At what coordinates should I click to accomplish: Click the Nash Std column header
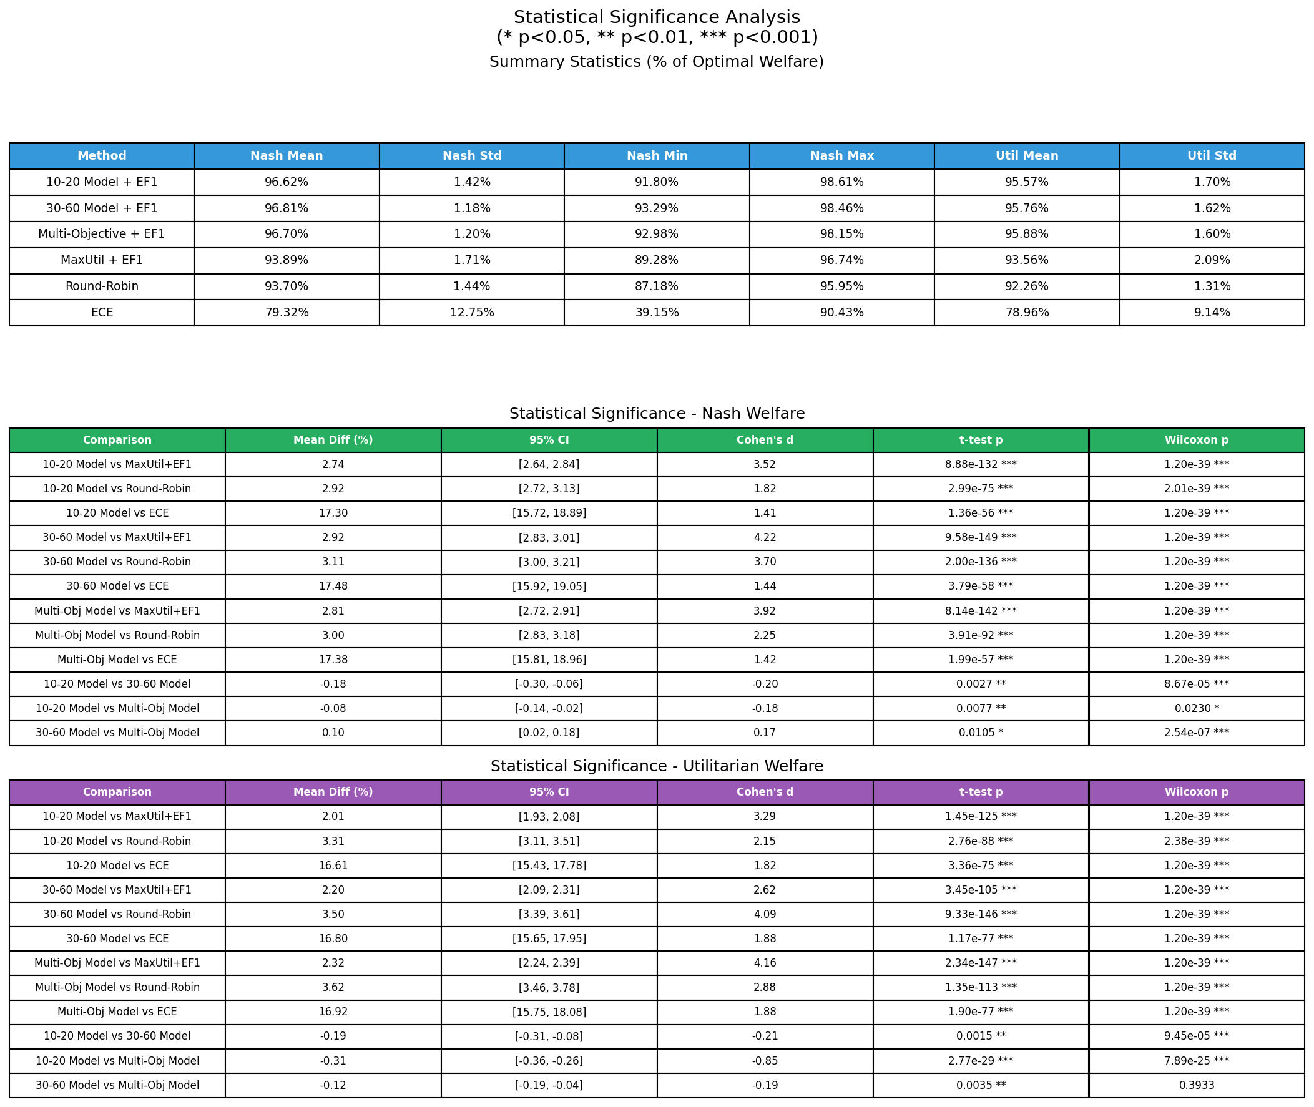471,155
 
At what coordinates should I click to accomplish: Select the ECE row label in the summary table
102,313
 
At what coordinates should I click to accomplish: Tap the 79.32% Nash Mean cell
287,313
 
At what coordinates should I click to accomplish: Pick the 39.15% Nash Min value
657,313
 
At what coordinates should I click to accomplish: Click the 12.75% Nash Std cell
471,313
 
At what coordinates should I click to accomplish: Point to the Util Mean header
1026,155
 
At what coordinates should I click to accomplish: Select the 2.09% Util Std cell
1212,260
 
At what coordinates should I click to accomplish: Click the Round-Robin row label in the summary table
102,286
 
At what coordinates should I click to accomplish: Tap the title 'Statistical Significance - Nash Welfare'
657,414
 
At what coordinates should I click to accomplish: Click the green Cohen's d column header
765,440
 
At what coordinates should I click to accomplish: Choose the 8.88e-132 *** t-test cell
981,464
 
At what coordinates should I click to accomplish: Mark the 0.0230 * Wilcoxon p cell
1197,708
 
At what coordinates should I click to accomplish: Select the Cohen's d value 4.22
765,537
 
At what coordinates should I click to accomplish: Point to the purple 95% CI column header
549,792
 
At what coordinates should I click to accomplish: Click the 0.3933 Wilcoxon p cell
1197,1085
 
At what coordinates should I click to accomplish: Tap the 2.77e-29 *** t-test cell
981,1061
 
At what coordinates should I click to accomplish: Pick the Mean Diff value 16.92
333,1012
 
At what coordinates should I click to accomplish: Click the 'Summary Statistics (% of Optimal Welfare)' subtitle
657,62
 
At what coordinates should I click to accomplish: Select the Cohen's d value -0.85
765,1061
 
